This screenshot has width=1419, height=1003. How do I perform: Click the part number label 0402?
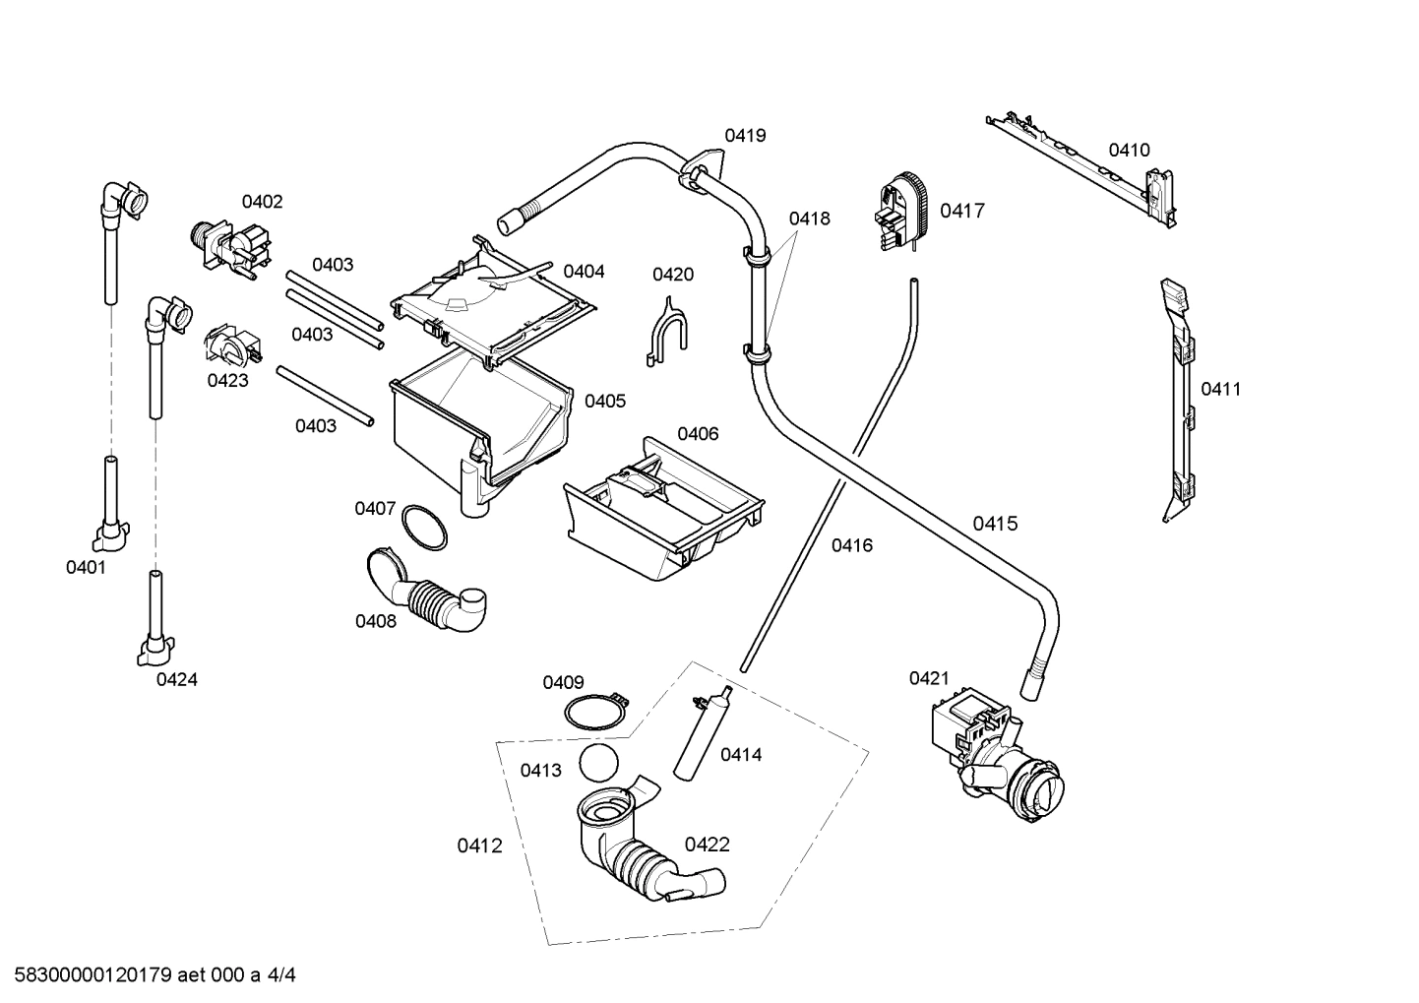[x=262, y=202]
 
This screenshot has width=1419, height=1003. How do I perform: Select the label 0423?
[x=227, y=380]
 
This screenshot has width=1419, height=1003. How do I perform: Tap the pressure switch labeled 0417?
[x=903, y=211]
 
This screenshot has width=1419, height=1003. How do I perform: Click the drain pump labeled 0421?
[x=994, y=754]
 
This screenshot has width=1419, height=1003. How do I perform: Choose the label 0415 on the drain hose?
[x=995, y=524]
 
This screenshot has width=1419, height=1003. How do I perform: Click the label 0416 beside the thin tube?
[x=851, y=545]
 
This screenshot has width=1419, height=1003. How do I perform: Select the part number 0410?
[x=1129, y=150]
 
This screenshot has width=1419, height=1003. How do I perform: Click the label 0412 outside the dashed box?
[x=479, y=846]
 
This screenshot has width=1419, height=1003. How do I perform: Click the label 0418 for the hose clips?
[x=809, y=219]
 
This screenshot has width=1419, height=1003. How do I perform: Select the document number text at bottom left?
[x=149, y=975]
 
